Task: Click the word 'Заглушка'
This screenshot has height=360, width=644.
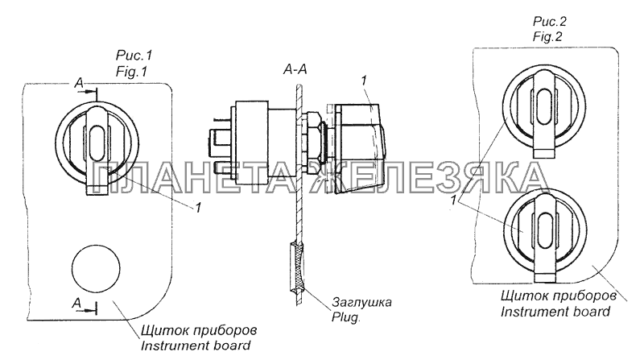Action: pyautogui.click(x=361, y=303)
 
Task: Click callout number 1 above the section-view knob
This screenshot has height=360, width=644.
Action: pyautogui.click(x=365, y=81)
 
